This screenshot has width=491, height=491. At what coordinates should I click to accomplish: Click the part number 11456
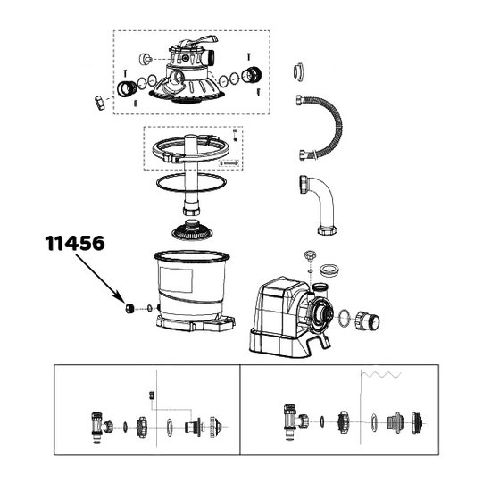75,244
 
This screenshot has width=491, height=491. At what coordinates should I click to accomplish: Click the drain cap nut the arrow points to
130,308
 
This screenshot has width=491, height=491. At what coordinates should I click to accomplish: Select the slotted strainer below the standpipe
192,230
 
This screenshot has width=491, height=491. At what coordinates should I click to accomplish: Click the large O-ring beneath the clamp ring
191,182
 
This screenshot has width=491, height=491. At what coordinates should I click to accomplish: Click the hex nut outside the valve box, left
100,103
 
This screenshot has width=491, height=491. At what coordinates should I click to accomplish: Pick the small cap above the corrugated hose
299,72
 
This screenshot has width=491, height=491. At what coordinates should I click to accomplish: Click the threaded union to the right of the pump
367,321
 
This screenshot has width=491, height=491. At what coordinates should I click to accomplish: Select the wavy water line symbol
381,375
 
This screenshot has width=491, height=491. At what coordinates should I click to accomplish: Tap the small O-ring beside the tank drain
149,309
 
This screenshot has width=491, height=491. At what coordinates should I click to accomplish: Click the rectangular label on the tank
176,279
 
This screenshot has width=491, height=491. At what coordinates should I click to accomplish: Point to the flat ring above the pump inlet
329,270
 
